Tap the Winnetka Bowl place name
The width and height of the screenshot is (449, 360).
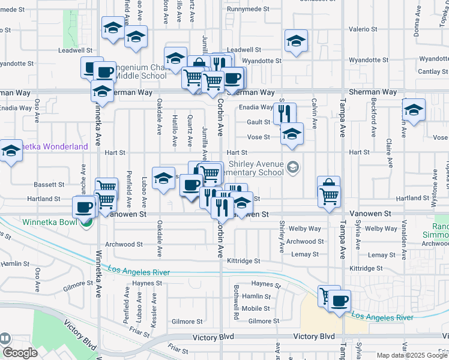click(49, 222)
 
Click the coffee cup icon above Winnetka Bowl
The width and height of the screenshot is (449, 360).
click(83, 208)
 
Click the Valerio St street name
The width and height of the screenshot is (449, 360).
click(363, 29)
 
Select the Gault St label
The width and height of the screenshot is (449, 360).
click(259, 122)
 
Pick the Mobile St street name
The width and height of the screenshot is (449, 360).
click(256, 308)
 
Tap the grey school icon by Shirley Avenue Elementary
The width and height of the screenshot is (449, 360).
click(293, 167)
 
